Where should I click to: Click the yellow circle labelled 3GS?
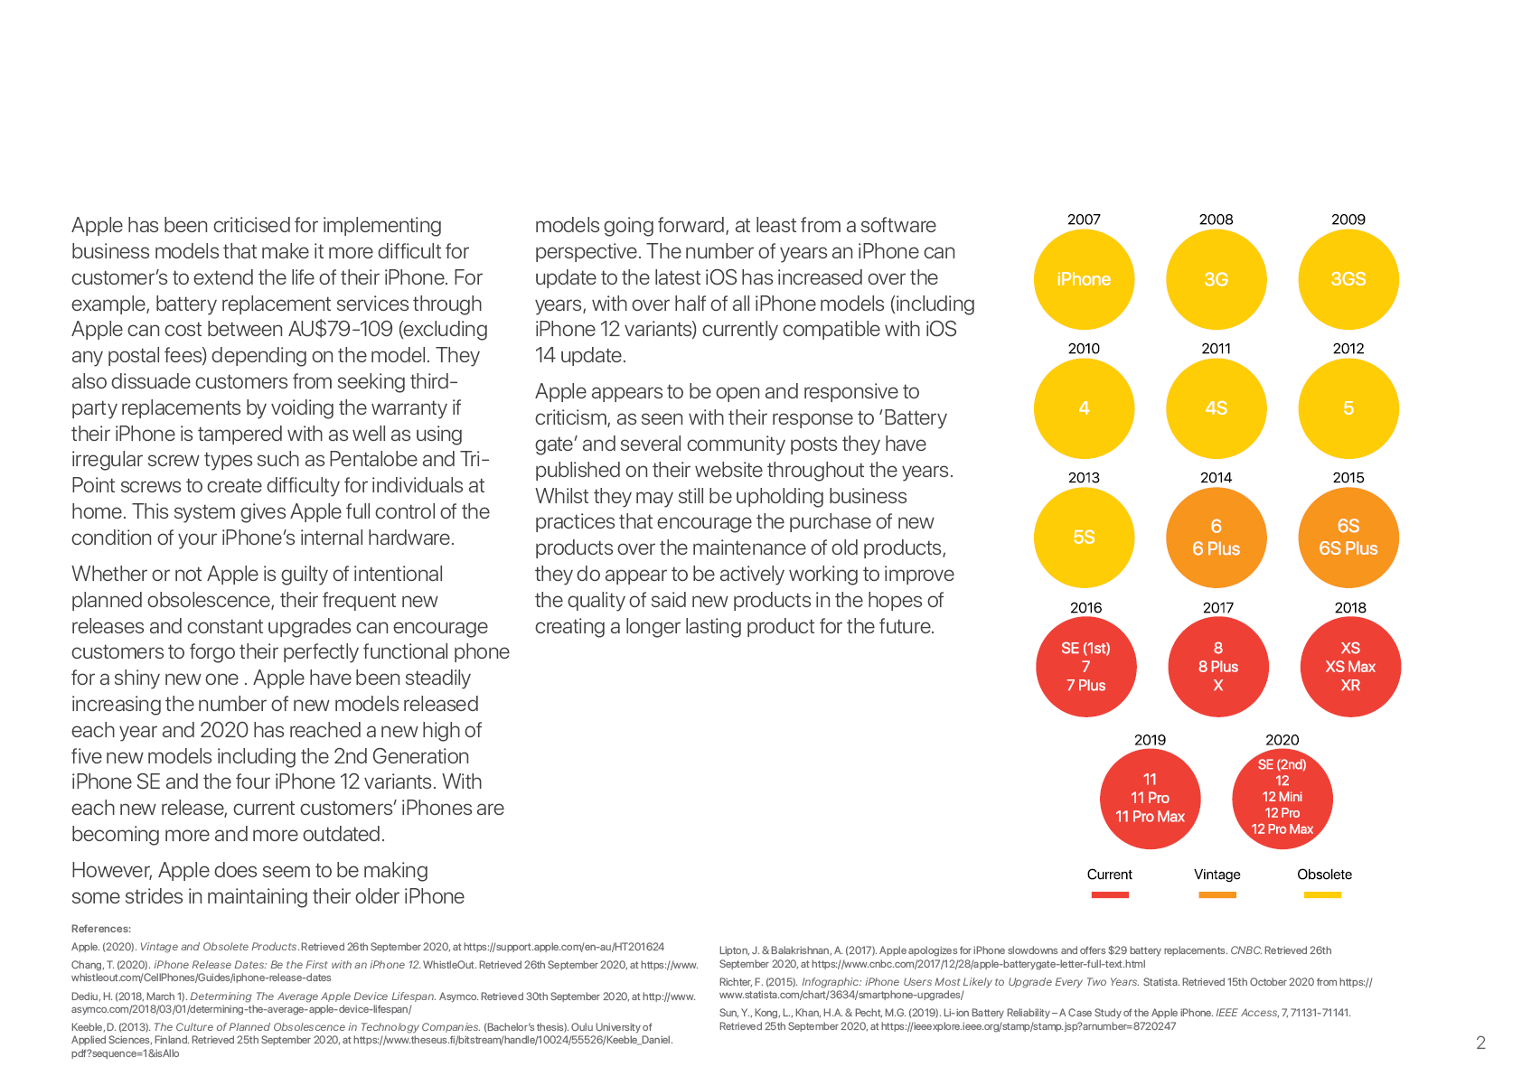[x=1348, y=279]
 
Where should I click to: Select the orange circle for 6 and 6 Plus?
[x=1217, y=538]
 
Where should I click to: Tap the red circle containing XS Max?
[x=1350, y=667]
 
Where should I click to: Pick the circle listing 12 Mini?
[x=1282, y=798]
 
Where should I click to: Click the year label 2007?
[x=1084, y=220]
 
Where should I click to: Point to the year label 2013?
[x=1084, y=478]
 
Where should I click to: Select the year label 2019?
[x=1150, y=740]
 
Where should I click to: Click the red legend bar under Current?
[x=1110, y=894]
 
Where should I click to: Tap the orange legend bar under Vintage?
[x=1217, y=894]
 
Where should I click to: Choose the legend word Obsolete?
[x=1324, y=875]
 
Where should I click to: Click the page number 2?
[x=1480, y=1043]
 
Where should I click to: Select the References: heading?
[x=101, y=929]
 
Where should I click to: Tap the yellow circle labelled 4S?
[x=1217, y=408]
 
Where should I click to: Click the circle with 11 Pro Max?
[x=1150, y=798]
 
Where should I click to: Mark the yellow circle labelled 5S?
[x=1084, y=538]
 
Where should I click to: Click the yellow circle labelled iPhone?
[x=1084, y=279]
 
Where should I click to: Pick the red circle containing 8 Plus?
[x=1217, y=667]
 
